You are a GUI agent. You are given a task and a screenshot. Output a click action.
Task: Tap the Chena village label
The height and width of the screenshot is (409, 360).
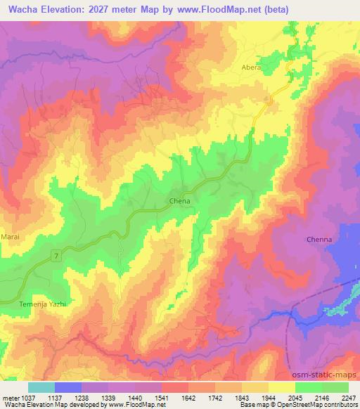[x=180, y=200]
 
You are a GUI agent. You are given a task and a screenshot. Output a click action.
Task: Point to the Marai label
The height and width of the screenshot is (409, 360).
[x=11, y=237]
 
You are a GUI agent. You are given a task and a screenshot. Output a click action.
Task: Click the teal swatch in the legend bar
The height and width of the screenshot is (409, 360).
[x=41, y=387]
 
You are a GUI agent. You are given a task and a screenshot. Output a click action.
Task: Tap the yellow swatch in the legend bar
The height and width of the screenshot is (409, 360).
[x=281, y=387]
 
